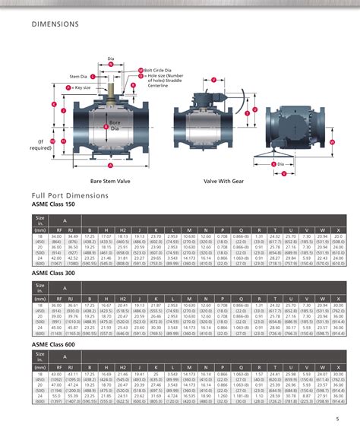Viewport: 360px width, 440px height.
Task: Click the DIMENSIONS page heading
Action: pyautogui.click(x=55, y=24)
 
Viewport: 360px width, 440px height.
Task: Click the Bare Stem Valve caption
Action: pyautogui.click(x=112, y=182)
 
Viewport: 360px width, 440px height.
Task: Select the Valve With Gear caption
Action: pyautogui.click(x=223, y=182)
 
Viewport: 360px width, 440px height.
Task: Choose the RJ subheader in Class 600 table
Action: pyautogui.click(x=73, y=365)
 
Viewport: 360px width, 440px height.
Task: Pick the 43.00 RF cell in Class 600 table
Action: pyautogui.click(x=55, y=374)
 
